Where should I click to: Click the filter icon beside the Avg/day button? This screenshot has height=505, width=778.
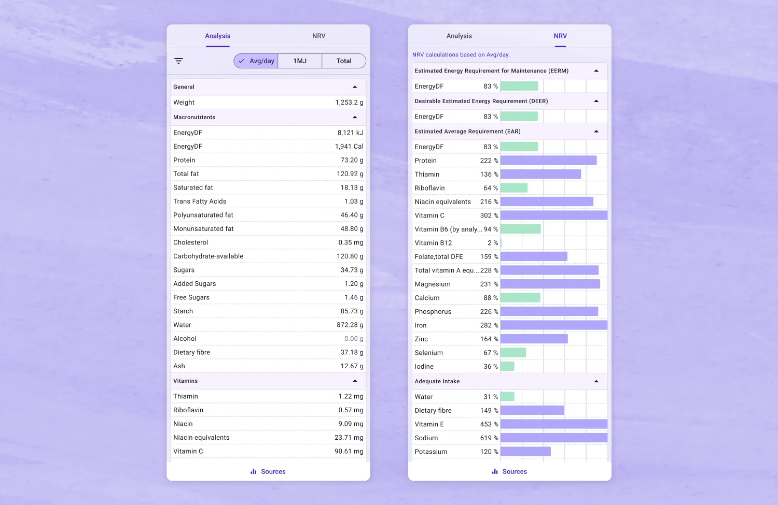point(178,61)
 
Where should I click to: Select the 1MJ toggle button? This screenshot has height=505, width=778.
point(300,61)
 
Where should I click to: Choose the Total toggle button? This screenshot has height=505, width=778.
point(344,61)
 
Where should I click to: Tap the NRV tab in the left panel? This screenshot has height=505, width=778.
point(318,36)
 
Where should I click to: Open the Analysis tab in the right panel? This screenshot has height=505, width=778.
point(459,36)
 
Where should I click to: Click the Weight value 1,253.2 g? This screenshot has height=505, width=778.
point(349,103)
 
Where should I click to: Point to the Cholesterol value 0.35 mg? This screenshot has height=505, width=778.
point(351,242)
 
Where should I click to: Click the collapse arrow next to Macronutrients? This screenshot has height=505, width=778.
point(355,117)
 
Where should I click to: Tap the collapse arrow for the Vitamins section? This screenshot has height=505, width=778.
point(355,381)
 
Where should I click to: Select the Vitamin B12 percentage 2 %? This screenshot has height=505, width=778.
point(493,243)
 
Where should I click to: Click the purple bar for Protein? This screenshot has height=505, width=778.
point(548,160)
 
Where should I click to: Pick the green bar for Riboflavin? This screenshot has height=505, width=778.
point(514,187)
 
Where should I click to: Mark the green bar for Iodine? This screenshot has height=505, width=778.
point(507,366)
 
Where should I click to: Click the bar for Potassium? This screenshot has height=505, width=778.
point(525,452)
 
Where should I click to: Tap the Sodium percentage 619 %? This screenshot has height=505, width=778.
point(489,438)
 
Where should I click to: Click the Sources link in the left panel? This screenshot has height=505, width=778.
point(268,471)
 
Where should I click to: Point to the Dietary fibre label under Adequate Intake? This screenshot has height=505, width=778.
point(433,410)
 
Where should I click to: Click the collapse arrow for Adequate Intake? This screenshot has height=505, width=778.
point(596,381)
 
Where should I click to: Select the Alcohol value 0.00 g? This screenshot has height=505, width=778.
point(354,339)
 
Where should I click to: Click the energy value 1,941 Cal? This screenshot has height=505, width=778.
point(349,147)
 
